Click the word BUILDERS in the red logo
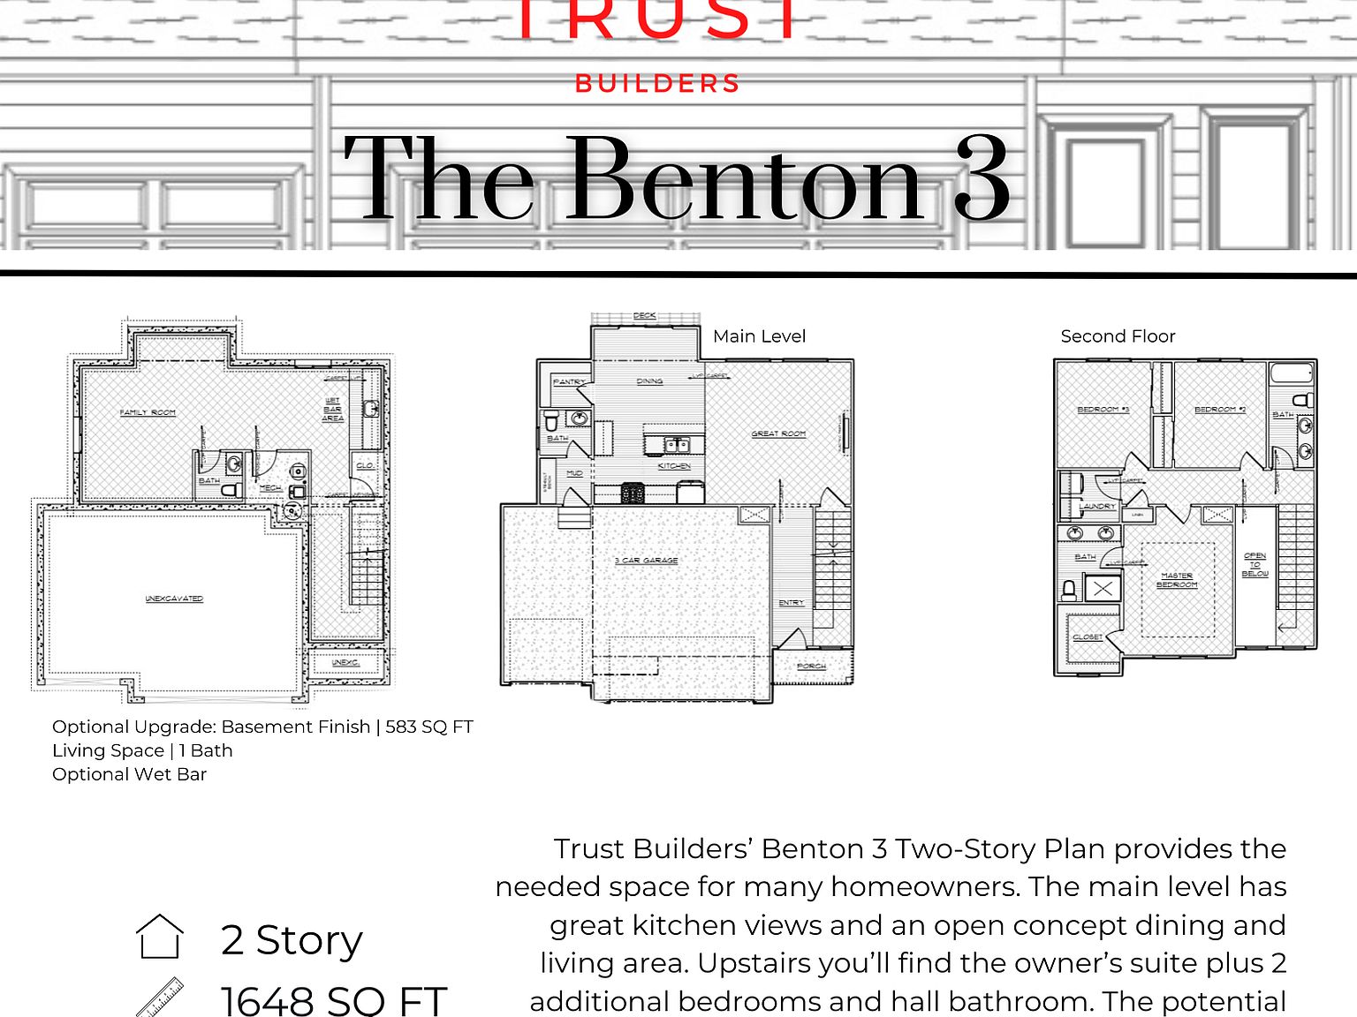pos(656,84)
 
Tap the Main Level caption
pos(759,336)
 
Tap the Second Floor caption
pos(1118,336)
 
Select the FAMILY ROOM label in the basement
pos(148,412)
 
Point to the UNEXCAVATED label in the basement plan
pos(174,599)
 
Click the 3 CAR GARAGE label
pos(647,561)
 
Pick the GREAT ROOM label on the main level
pos(778,433)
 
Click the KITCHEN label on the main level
pos(674,465)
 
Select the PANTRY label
pos(569,381)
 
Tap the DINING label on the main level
pos(649,381)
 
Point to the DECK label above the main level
pos(645,315)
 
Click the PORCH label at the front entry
pos(811,666)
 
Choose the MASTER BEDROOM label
pos(1177,580)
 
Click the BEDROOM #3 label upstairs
pos(1103,410)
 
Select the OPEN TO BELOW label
pos(1255,565)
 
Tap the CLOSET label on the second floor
pos(1088,637)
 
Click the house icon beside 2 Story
pos(160,937)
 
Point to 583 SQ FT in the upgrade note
pos(429,727)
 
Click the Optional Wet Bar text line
pos(129,774)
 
